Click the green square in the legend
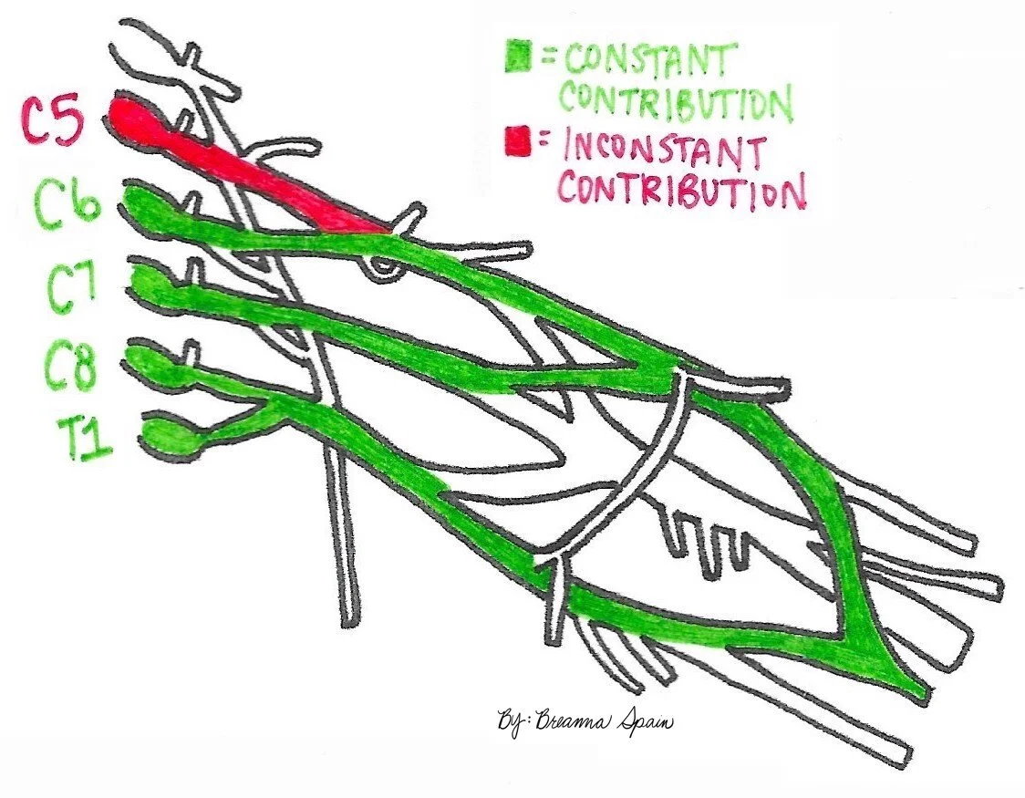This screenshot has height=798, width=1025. coord(519,57)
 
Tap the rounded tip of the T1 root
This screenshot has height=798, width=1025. coord(164,436)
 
